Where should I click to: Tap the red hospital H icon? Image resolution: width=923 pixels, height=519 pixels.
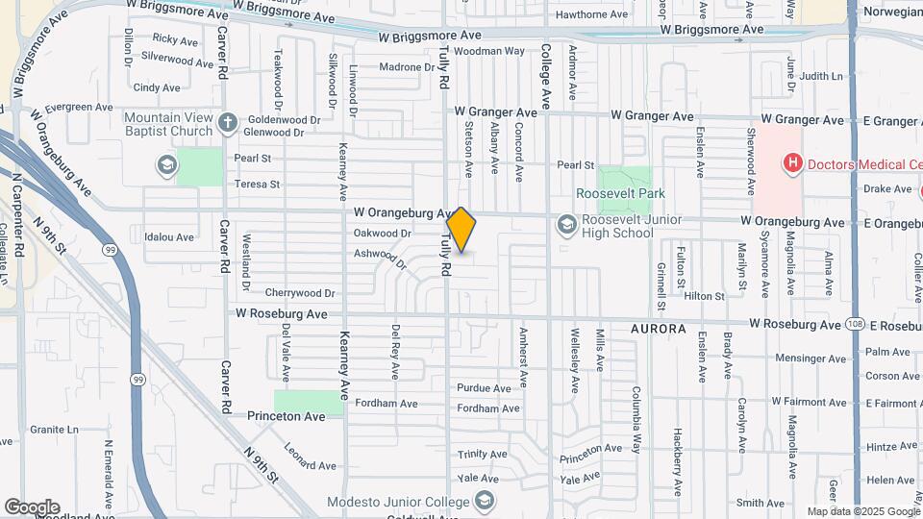click(x=793, y=163)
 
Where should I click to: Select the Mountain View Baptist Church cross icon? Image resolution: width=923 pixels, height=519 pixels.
click(x=227, y=122)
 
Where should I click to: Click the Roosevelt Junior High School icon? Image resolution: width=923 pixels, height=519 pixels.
click(x=566, y=225)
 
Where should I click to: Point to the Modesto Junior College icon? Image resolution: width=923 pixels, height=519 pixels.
click(x=486, y=502)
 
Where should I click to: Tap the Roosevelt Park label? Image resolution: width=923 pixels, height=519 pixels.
click(x=620, y=193)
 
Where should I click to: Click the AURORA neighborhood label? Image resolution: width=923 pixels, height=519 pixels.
click(x=659, y=329)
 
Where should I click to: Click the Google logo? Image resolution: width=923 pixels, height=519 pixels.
click(x=32, y=507)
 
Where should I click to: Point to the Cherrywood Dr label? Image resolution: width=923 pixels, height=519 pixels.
click(x=300, y=293)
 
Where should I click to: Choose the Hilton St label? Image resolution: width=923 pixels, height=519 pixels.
click(x=704, y=297)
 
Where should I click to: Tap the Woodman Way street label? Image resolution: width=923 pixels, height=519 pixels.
click(x=488, y=50)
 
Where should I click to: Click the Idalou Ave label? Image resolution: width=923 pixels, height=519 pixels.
click(x=168, y=236)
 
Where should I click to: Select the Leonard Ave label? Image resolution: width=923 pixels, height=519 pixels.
click(x=310, y=465)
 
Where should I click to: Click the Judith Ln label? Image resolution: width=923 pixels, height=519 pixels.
click(x=820, y=76)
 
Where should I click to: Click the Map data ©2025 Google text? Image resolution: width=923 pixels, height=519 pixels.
click(x=862, y=511)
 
